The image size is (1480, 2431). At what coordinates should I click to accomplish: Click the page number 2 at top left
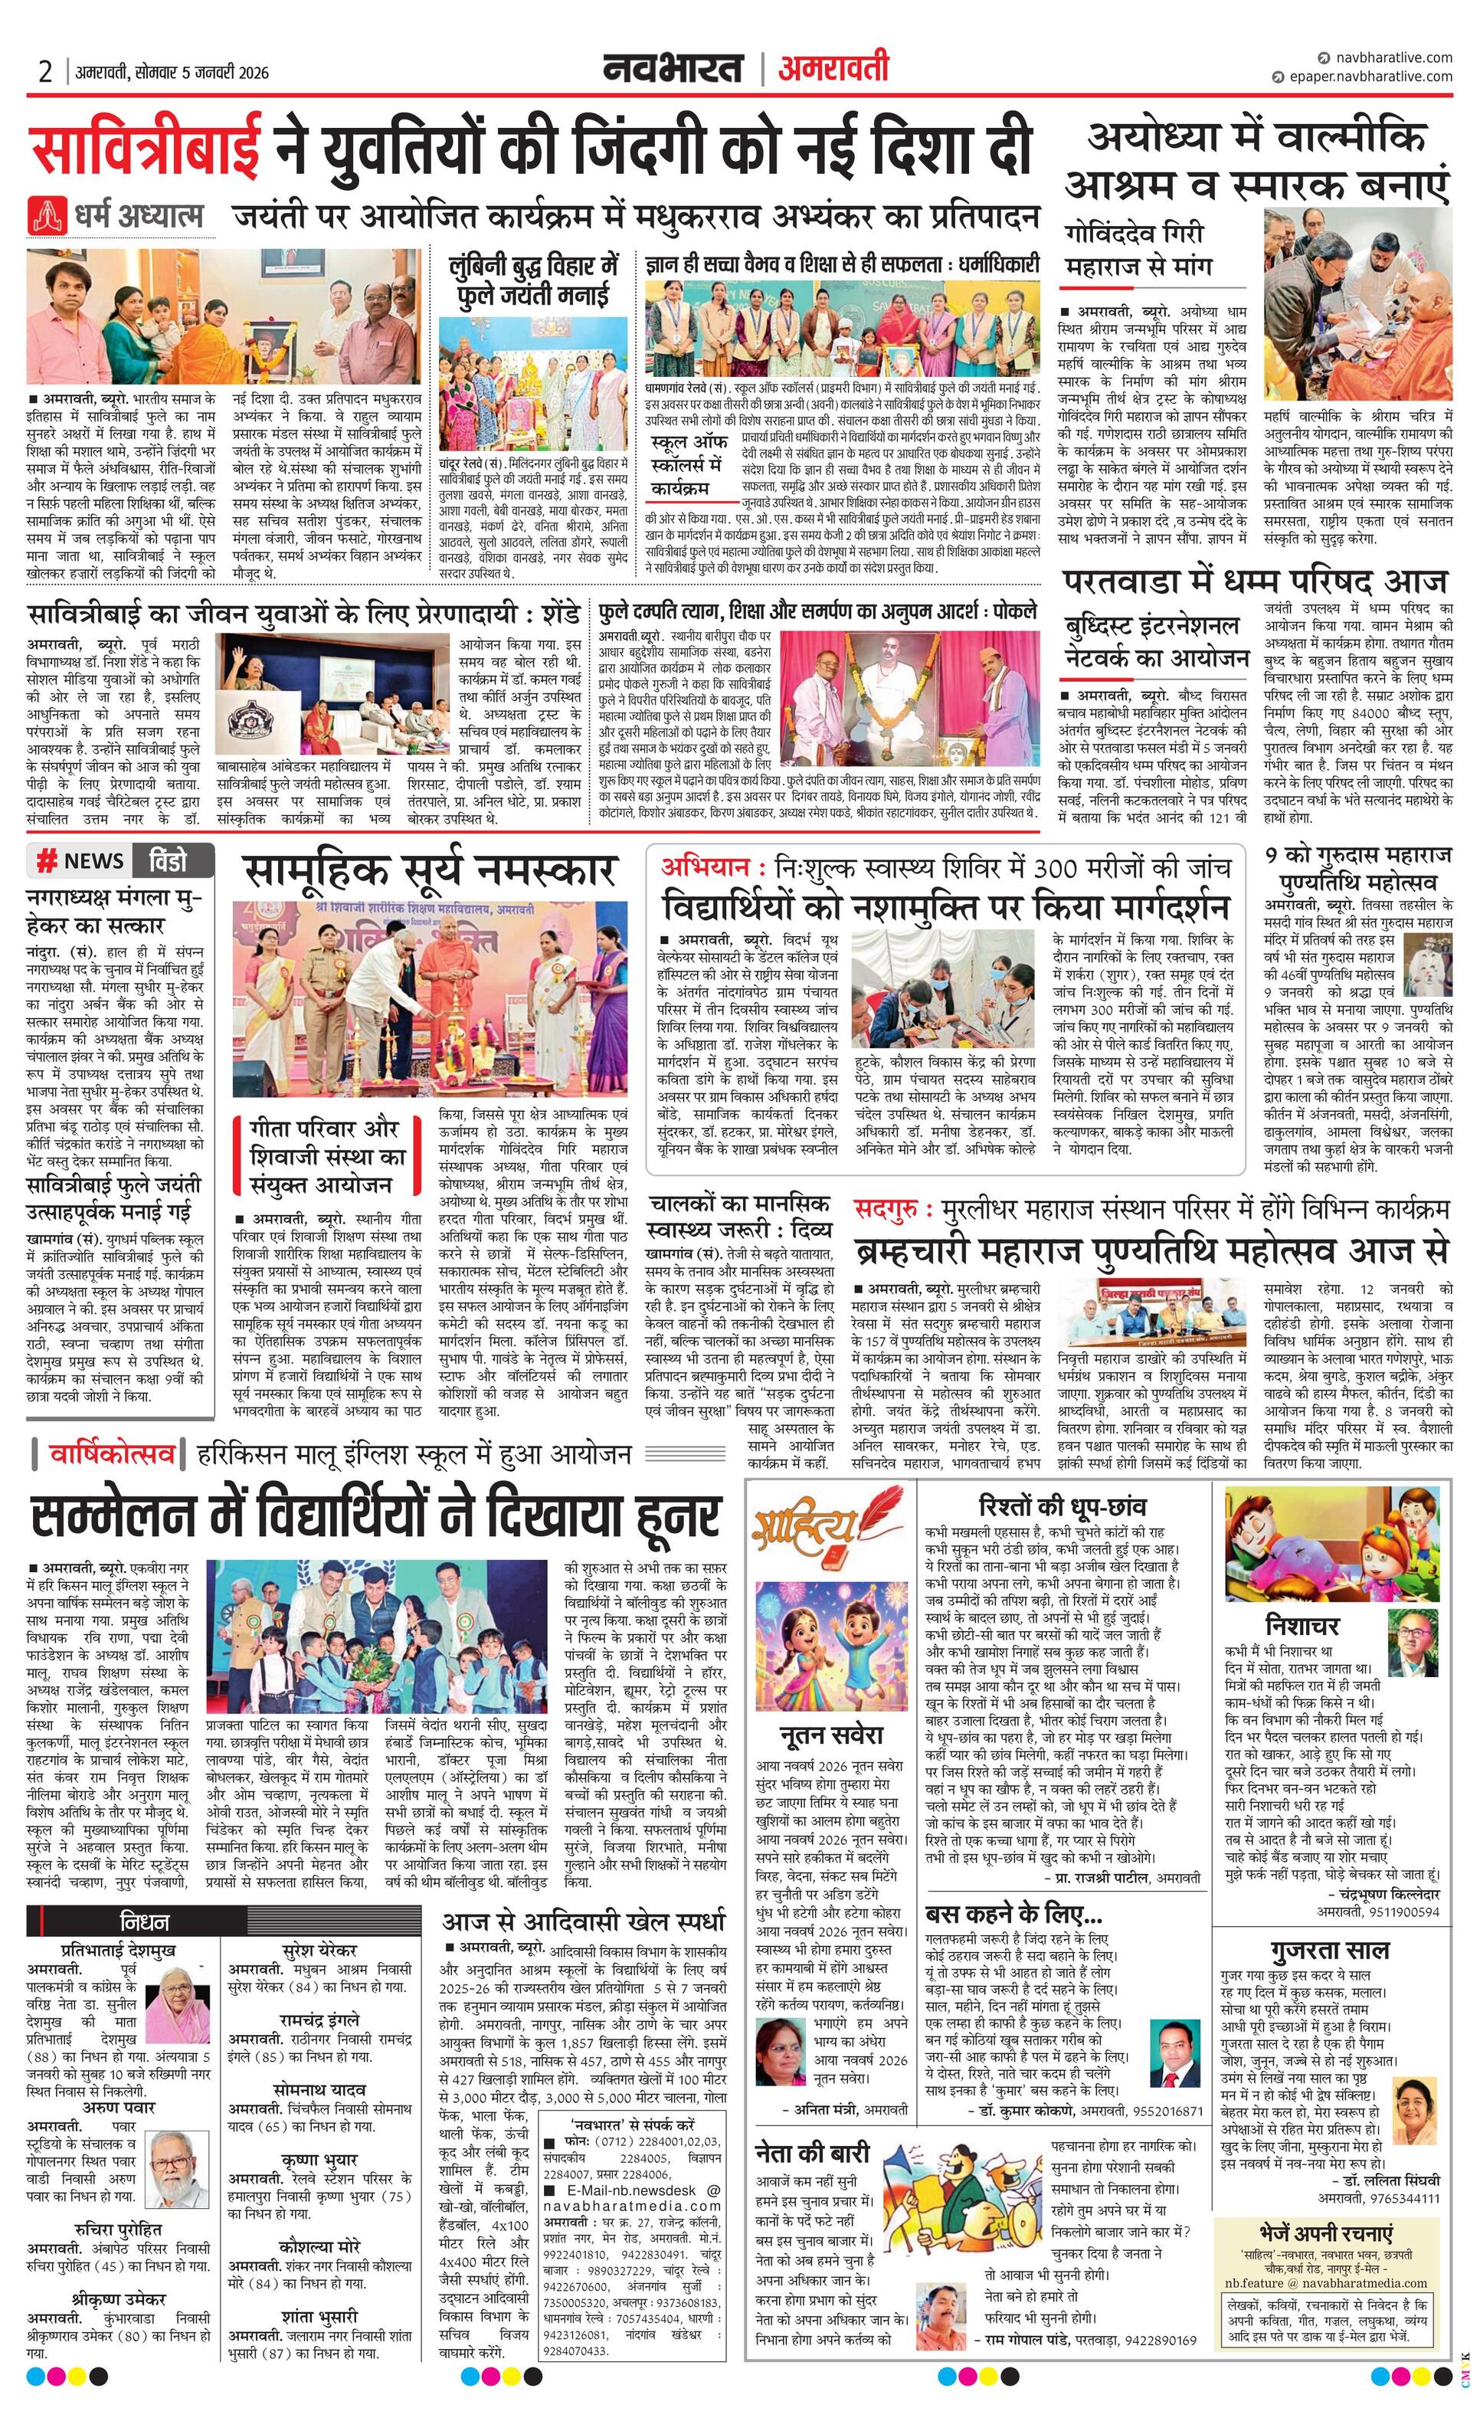click(x=45, y=72)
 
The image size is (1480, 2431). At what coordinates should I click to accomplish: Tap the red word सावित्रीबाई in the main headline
click(x=147, y=147)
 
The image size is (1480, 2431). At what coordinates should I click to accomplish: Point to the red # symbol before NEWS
click(x=45, y=861)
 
